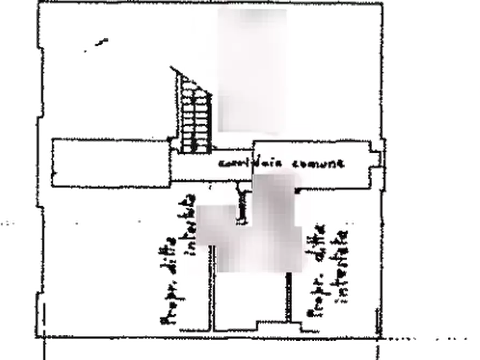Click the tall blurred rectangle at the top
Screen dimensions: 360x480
(253, 70)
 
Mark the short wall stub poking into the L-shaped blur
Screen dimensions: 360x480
(242, 204)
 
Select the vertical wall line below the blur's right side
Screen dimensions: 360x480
(289, 298)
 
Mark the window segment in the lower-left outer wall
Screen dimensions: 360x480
(41, 312)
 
